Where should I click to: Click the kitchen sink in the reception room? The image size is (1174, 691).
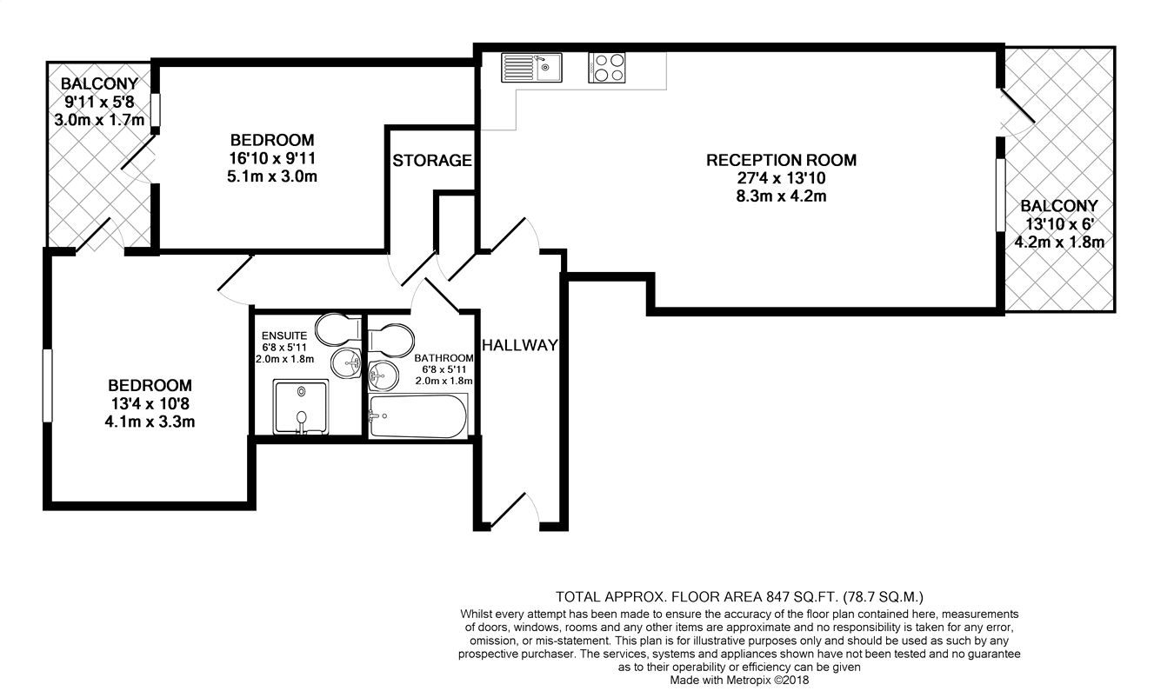[531, 68]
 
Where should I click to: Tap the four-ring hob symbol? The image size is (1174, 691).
[607, 68]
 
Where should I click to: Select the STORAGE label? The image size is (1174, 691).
[431, 161]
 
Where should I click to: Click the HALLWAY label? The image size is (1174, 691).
[519, 345]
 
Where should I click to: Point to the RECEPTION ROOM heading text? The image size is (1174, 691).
[780, 160]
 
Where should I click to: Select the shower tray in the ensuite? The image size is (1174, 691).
[301, 406]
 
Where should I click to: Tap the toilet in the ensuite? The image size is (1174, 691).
[337, 329]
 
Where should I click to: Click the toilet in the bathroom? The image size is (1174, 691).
[389, 339]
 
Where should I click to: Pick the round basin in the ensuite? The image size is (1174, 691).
[350, 362]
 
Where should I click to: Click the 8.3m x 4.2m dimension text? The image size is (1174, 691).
[780, 196]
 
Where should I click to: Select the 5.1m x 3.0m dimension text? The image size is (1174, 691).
[271, 176]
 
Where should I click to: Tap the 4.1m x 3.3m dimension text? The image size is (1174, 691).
[150, 422]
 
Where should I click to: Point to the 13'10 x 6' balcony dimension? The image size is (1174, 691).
[1058, 224]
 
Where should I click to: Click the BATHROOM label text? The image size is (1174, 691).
[444, 358]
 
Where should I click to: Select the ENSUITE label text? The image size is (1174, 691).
[283, 335]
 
